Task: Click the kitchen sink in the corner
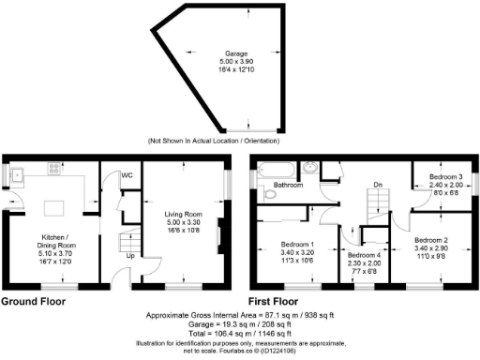18,172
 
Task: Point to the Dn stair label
377,185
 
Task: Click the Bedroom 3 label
446,175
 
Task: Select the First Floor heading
284,301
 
